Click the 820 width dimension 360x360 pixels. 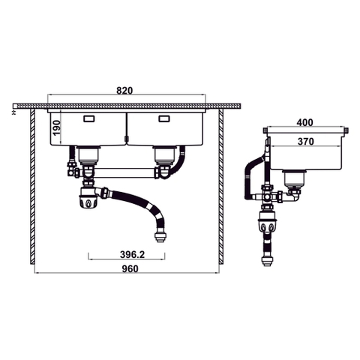coord(124,90)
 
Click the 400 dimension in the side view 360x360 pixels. coord(304,122)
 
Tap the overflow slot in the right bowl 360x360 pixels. coord(165,119)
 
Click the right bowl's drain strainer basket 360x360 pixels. coord(163,155)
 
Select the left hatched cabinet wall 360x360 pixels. coord(31,187)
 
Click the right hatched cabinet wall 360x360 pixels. coord(222,187)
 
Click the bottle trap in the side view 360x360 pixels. coord(265,221)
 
